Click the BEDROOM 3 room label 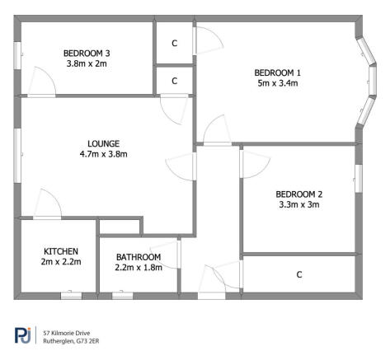86,54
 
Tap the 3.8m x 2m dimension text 86,64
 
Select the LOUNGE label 103,143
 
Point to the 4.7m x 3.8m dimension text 103,153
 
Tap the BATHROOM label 138,257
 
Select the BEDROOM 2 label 298,194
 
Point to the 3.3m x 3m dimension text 298,205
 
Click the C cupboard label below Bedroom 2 298,275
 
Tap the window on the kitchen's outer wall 71,295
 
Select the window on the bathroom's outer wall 123,295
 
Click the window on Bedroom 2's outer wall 359,177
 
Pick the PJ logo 22,335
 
